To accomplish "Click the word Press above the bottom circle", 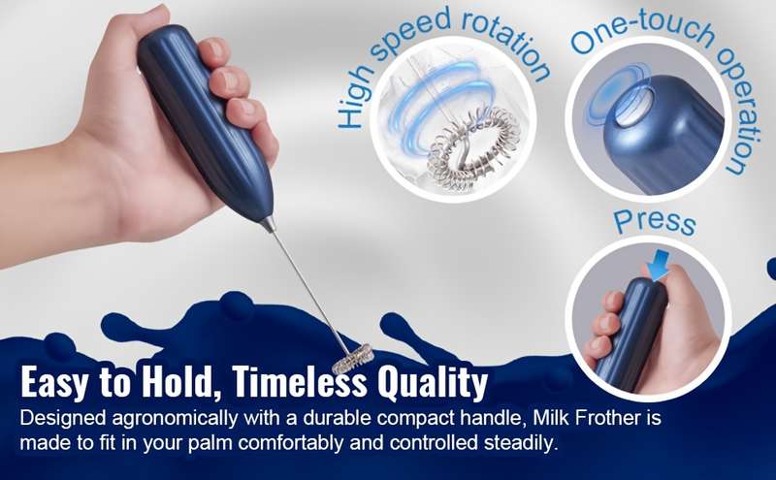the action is (654, 222).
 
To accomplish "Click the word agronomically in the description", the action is (175, 419).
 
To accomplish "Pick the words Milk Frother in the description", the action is (587, 418).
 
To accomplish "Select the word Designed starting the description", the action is (63, 418).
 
